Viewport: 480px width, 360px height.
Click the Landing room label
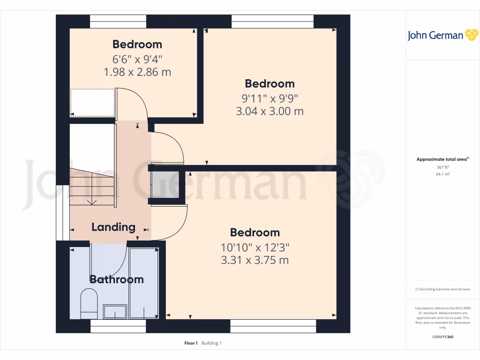[113, 227]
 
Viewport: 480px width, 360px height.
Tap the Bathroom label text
[116, 279]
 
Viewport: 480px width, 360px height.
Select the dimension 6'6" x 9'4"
[137, 60]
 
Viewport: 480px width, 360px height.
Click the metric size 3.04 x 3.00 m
[270, 112]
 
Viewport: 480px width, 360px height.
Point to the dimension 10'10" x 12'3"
[255, 247]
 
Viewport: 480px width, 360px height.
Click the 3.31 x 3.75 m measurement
[255, 260]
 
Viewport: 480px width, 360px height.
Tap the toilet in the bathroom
[88, 301]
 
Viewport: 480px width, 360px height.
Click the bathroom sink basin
[115, 311]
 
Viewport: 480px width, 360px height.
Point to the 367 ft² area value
[443, 167]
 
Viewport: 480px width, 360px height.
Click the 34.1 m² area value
[443, 174]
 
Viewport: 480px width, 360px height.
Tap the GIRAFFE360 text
[443, 337]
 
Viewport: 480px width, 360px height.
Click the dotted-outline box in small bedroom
[92, 103]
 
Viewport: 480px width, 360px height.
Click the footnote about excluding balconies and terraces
[443, 289]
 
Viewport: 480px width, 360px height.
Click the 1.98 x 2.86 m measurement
[137, 72]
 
